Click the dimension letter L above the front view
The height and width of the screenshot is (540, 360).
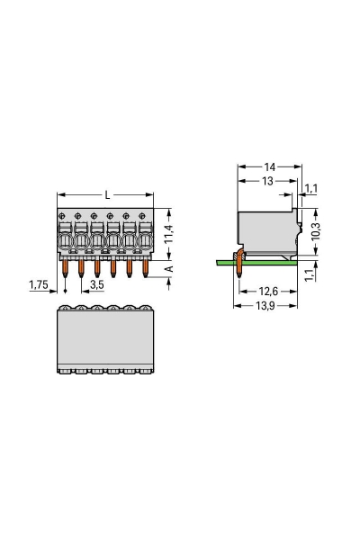(108, 195)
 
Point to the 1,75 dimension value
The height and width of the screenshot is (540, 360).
(39, 283)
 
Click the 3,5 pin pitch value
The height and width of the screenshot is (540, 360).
(95, 283)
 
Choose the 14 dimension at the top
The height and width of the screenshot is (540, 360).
(270, 167)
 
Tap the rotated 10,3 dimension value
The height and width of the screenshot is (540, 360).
(314, 229)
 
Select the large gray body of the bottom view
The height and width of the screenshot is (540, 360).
(104, 339)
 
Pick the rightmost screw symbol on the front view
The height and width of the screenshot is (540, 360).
(144, 216)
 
